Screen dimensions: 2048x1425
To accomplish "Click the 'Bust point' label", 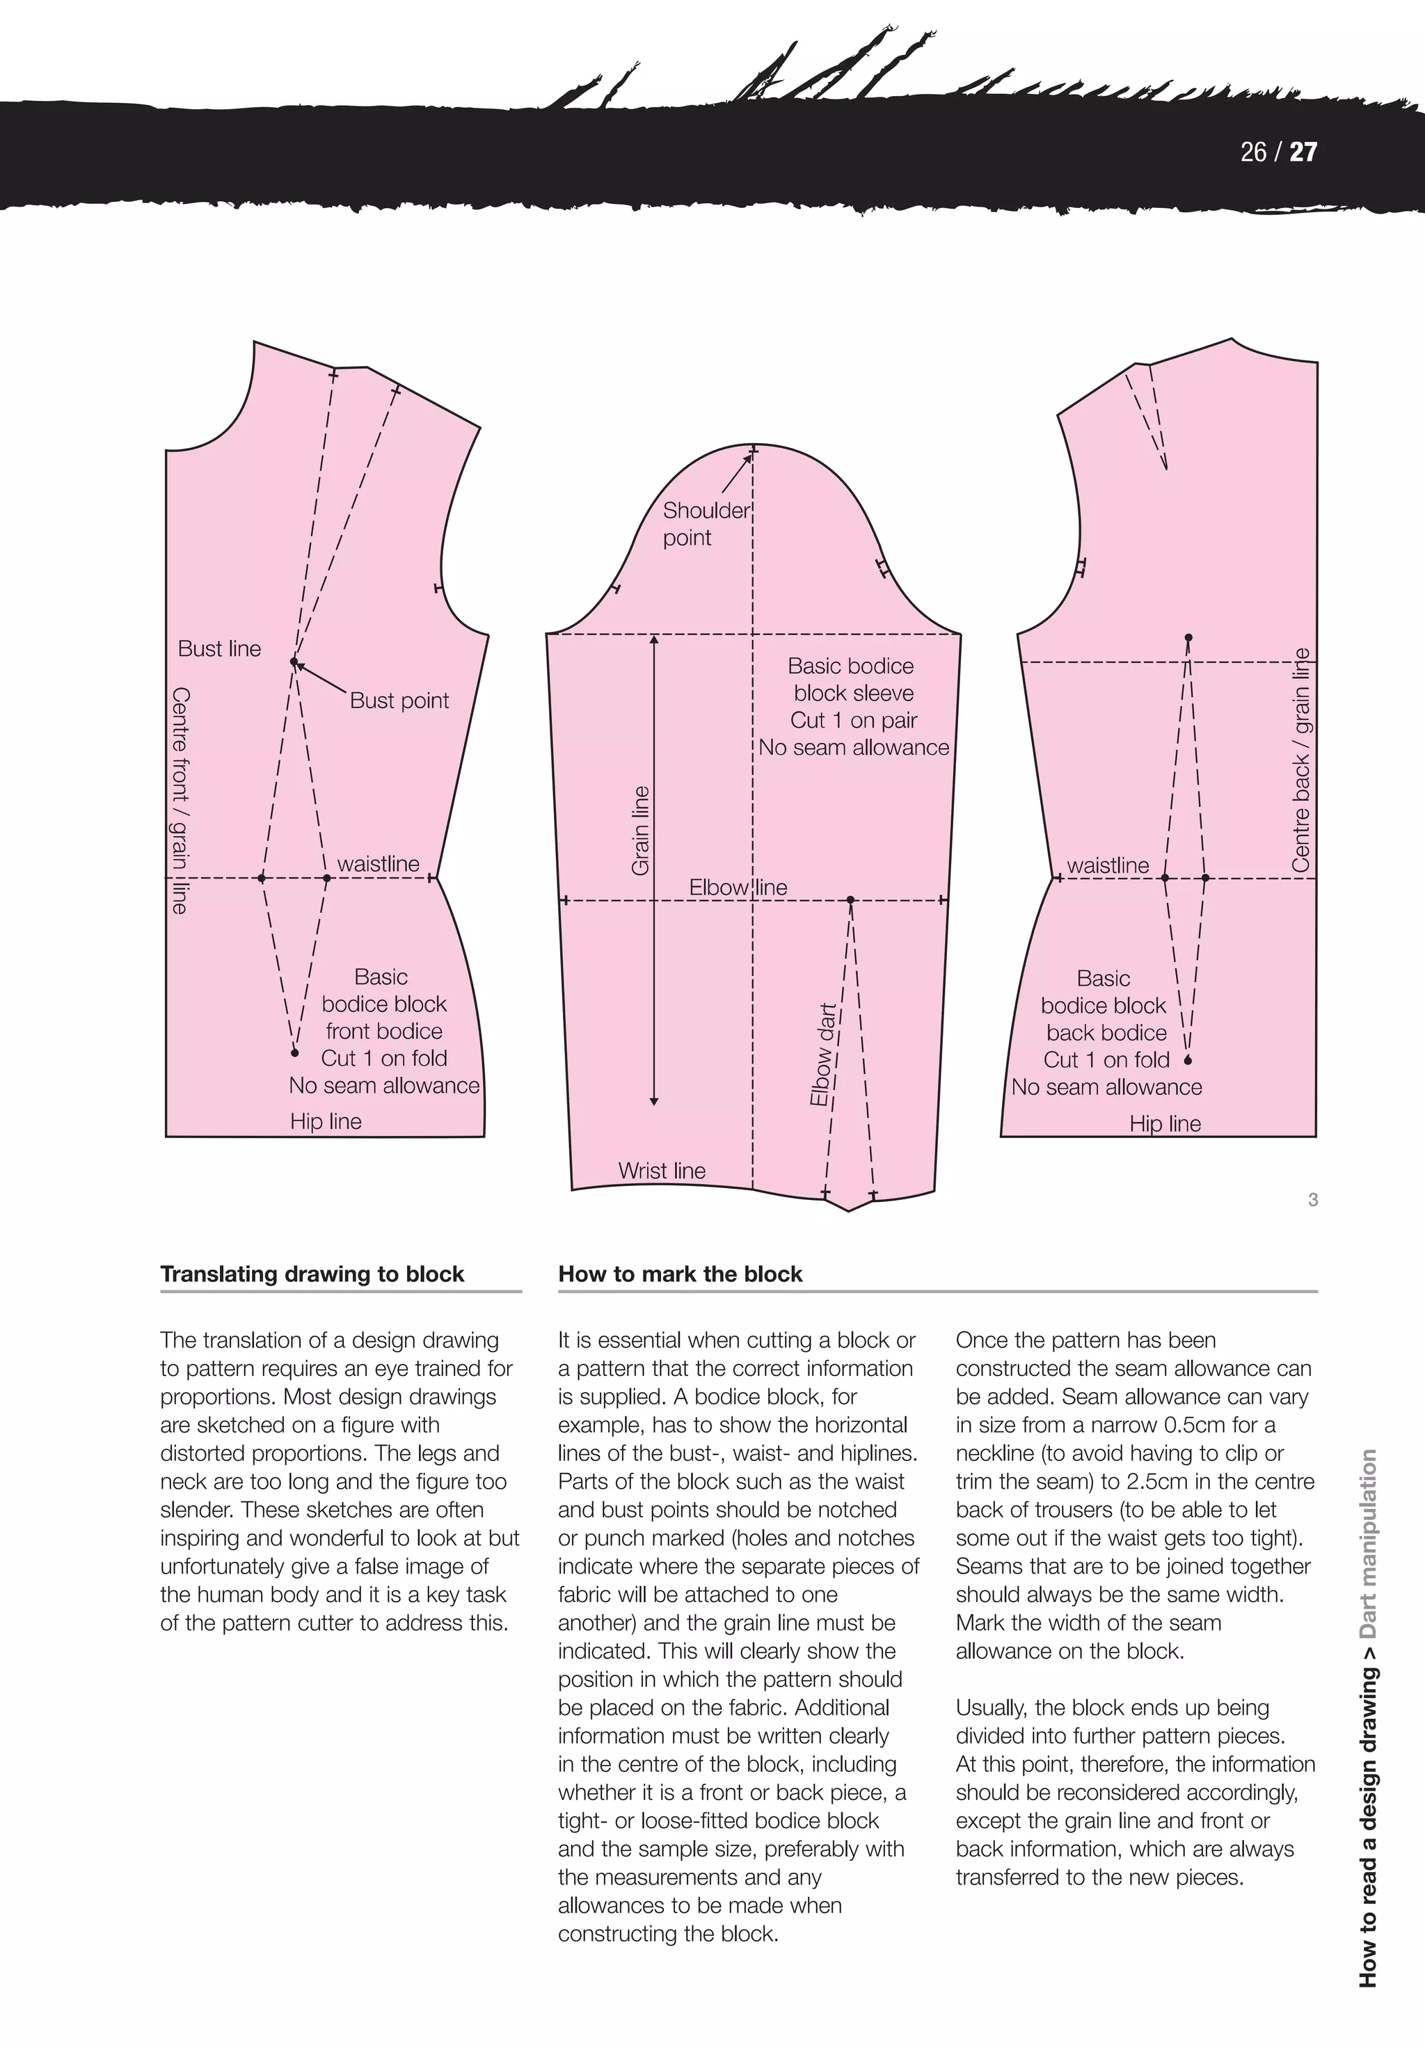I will click(399, 701).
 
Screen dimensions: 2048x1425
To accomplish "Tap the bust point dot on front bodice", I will click(294, 662).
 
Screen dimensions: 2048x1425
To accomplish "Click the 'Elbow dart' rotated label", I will click(822, 1055).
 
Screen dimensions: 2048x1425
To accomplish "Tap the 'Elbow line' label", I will click(738, 888).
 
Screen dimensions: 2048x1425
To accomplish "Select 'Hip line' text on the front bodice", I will click(326, 1121).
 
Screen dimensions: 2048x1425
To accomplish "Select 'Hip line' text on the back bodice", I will click(1165, 1124).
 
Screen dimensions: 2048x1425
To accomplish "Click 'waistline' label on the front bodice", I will click(379, 863).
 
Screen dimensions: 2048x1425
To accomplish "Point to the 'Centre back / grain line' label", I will click(1301, 760).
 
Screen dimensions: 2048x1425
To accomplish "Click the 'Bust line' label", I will click(219, 648).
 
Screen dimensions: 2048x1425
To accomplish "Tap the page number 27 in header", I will click(1304, 152).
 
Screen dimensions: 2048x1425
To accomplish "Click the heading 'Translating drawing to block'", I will click(312, 1274).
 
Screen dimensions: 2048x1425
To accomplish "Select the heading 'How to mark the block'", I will click(680, 1274).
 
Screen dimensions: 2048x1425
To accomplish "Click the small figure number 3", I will click(1312, 1200).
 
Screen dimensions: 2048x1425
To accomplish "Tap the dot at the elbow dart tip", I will click(850, 900).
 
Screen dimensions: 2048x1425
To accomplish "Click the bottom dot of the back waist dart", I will click(1188, 1061).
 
